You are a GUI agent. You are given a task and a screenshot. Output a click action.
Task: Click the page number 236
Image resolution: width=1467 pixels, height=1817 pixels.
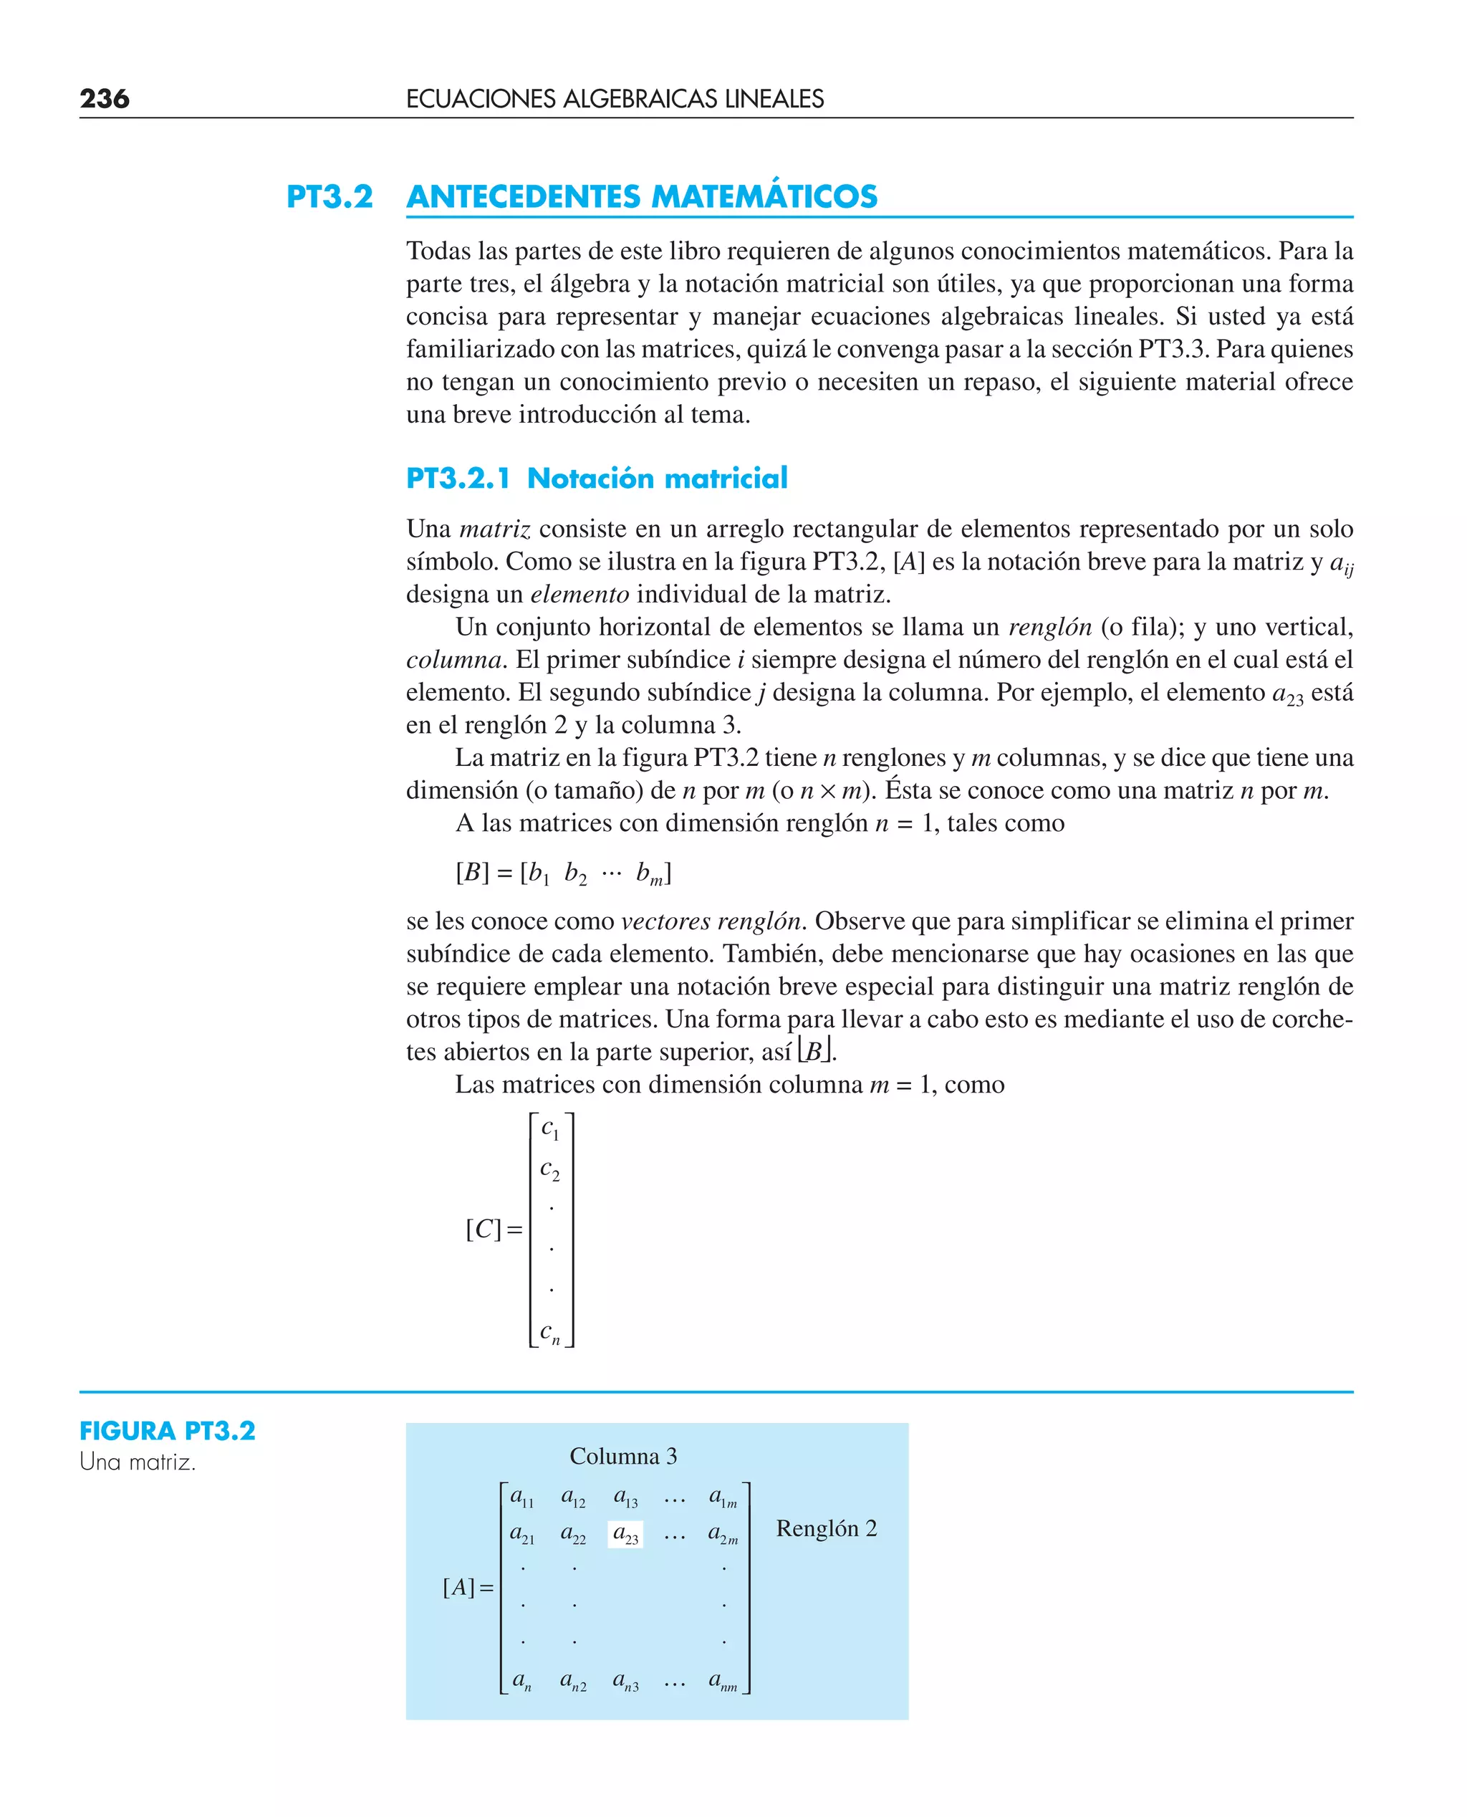(104, 99)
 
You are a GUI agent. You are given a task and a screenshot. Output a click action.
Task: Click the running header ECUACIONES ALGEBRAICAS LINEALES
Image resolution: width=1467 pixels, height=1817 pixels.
(615, 99)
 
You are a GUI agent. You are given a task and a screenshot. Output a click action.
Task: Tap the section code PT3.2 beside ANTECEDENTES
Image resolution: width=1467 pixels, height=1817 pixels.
(330, 197)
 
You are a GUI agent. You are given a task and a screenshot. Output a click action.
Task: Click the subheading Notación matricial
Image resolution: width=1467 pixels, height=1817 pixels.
(657, 479)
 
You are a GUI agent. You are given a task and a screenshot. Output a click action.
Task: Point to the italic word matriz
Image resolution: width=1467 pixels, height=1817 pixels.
(494, 529)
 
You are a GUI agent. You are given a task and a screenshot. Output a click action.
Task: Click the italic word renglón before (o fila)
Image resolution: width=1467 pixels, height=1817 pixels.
(1050, 627)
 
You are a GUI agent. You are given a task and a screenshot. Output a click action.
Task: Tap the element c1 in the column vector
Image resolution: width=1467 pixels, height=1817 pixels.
(550, 1129)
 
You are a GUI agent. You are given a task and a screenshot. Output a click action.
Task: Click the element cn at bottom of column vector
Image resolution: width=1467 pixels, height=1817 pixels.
(550, 1333)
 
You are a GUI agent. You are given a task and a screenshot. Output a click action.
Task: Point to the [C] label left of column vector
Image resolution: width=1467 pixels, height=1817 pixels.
(484, 1229)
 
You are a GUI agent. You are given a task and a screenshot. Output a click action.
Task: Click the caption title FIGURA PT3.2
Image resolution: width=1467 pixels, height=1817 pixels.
(168, 1431)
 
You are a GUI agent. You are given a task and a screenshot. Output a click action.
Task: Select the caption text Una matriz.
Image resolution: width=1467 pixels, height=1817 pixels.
(138, 1462)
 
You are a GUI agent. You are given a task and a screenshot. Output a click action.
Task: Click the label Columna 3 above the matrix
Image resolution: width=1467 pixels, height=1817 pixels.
(622, 1456)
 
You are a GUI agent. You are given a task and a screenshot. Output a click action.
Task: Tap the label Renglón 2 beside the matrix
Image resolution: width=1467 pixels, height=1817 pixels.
(827, 1528)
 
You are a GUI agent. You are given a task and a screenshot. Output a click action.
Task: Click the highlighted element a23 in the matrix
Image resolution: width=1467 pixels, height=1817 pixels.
(625, 1534)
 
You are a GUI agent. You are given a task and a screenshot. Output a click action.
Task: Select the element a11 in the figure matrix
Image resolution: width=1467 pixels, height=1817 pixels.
(522, 1497)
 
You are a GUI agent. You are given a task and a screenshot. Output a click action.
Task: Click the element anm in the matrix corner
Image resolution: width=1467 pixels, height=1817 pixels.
(723, 1682)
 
